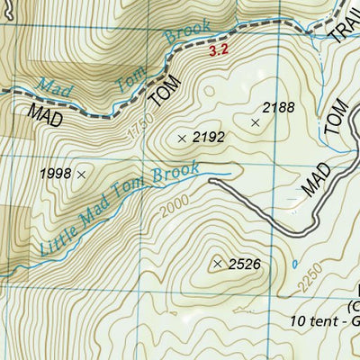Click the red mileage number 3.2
point(218,51)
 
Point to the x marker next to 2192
point(182,139)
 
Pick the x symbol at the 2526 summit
point(218,264)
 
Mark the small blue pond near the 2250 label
point(295,264)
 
